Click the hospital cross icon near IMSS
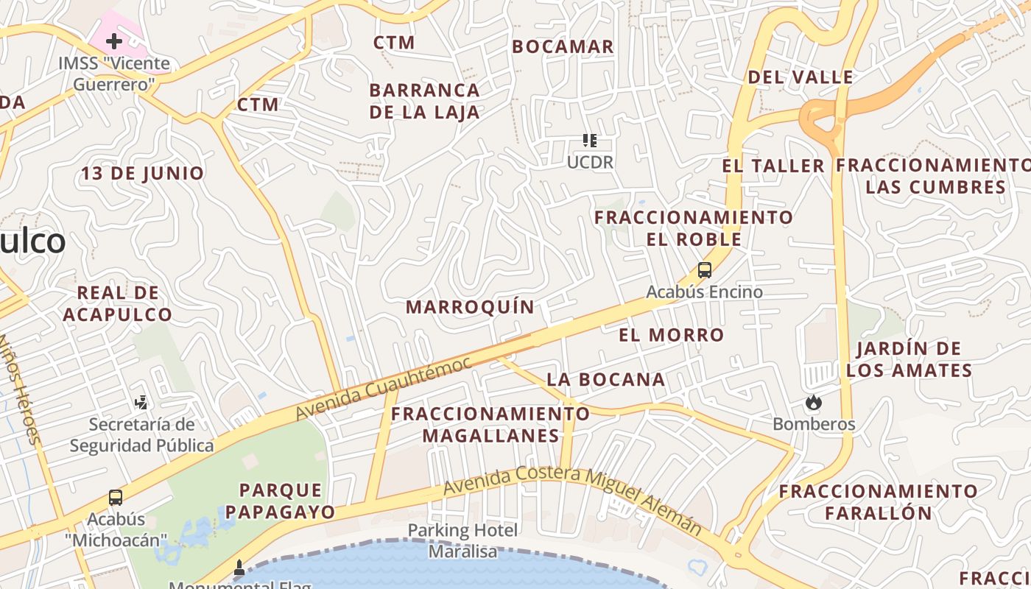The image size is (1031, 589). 114,41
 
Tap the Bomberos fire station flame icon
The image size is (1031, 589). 813,402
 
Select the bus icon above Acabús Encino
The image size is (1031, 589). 705,270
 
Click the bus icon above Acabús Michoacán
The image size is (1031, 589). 115,497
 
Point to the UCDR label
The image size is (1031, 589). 590,162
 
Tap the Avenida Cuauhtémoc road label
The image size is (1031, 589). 383,389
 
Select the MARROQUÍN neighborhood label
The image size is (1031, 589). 470,307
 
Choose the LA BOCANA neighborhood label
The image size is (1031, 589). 605,379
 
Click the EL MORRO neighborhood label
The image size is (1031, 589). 671,335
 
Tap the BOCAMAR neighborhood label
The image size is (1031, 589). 563,46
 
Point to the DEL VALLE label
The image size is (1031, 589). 800,77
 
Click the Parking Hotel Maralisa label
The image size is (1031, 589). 463,540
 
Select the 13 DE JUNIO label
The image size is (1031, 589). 142,173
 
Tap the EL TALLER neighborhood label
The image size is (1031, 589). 773,166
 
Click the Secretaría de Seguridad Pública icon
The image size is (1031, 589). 141,402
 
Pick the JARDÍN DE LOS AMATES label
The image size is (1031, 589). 909,359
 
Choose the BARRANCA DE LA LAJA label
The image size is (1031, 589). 424,101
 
